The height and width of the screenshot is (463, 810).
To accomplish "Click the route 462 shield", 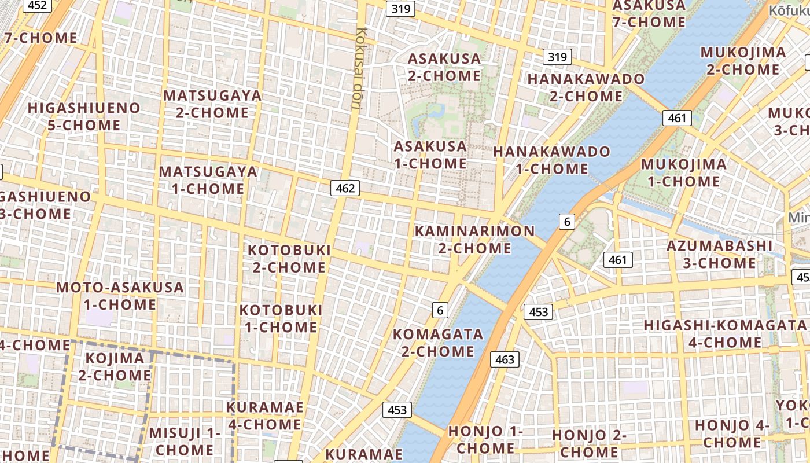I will click(345, 188).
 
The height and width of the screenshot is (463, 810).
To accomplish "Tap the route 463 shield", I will click(505, 359).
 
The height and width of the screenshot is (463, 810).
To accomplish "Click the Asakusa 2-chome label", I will click(444, 67).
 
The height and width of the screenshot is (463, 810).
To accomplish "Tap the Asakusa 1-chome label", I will click(430, 155).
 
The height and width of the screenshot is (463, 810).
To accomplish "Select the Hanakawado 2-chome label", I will click(586, 87).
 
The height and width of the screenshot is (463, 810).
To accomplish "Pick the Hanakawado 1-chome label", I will click(551, 160).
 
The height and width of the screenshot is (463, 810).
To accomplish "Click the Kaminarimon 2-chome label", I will click(474, 240).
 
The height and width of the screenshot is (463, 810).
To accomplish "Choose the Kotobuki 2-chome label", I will click(289, 259).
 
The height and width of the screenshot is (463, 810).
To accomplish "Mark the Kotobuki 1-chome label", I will click(281, 318).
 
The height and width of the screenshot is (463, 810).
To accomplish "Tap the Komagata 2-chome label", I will click(437, 343).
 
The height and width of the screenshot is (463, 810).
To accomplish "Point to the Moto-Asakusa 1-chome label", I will click(120, 296).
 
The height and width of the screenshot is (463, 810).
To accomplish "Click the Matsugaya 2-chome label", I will click(212, 104).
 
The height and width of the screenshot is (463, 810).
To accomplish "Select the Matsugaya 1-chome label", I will click(208, 180).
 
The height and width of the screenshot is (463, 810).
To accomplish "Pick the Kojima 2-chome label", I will click(115, 366).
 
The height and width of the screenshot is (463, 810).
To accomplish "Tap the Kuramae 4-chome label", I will click(264, 416).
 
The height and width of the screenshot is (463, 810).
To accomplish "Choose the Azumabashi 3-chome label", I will click(719, 254).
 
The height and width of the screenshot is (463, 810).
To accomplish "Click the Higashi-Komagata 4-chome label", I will click(724, 333).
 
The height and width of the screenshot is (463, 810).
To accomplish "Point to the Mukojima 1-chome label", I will click(683, 172).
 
